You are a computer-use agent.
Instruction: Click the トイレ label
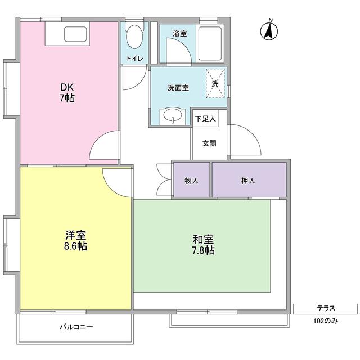(x=134, y=58)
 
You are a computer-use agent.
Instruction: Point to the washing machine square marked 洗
(x=214, y=84)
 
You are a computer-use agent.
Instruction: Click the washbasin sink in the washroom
(x=172, y=116)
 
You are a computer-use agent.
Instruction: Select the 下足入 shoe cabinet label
(x=205, y=119)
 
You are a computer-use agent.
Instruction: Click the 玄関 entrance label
(x=209, y=143)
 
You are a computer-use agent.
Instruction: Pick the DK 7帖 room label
(x=67, y=93)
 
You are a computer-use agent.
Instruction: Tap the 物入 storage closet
(x=191, y=180)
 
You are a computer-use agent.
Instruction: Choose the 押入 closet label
(x=248, y=180)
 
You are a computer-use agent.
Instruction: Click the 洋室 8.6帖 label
(x=74, y=241)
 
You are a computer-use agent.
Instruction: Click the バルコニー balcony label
(x=76, y=327)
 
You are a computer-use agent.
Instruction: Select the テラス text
(x=326, y=308)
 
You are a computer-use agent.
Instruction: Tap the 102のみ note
(x=326, y=322)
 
